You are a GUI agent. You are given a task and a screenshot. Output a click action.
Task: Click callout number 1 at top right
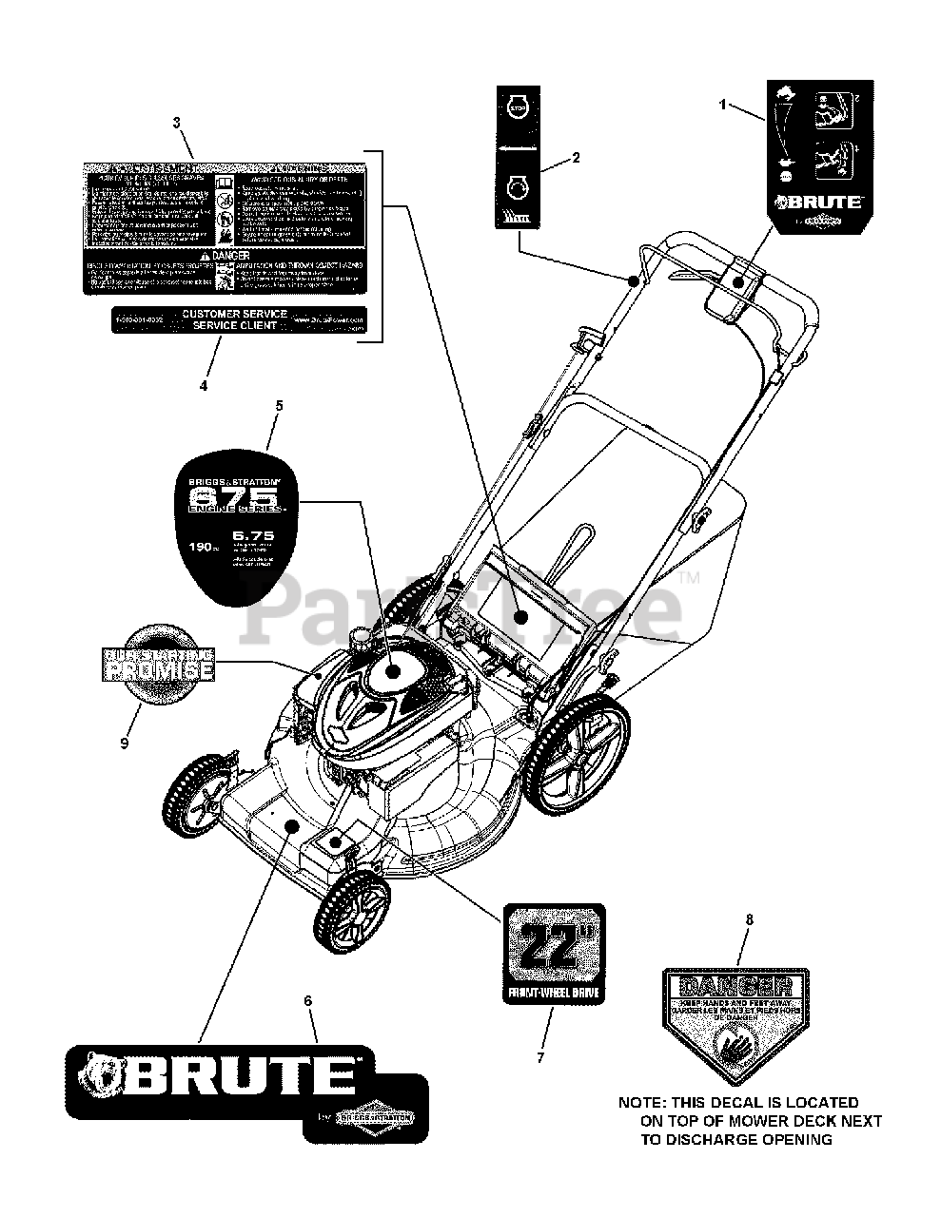tap(722, 105)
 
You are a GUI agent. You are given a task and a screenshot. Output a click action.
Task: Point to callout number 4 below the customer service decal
tap(203, 386)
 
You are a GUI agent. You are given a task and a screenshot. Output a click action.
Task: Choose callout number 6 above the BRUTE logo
tap(307, 1000)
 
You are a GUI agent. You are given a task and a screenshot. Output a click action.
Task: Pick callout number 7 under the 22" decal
tap(540, 1057)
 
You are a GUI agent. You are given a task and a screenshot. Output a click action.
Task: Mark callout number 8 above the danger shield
tap(749, 919)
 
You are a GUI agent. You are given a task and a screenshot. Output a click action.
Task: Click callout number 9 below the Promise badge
tap(125, 744)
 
